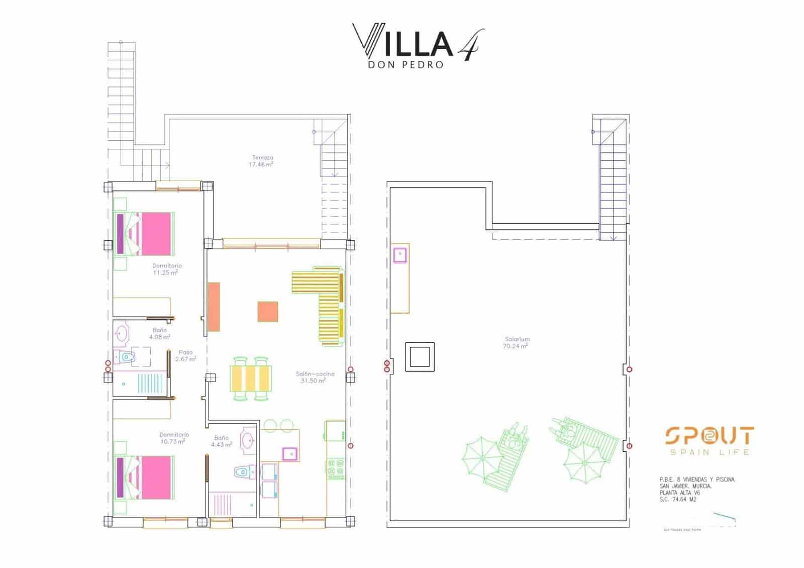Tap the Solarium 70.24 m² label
[x=516, y=343]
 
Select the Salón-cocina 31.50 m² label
[x=315, y=377]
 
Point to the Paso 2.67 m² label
[x=185, y=355]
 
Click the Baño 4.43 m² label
[x=221, y=441]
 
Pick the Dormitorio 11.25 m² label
[x=167, y=269]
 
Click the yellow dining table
[x=251, y=378]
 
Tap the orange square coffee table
[x=268, y=311]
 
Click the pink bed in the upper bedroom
[x=150, y=233]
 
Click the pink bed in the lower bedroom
[x=150, y=477]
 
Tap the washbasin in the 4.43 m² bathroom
[x=248, y=441]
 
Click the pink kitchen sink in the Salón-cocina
[x=289, y=454]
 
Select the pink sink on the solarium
[x=400, y=255]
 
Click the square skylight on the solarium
[x=419, y=357]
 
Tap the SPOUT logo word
[x=709, y=436]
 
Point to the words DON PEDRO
[x=406, y=65]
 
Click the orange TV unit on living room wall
[x=214, y=306]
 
